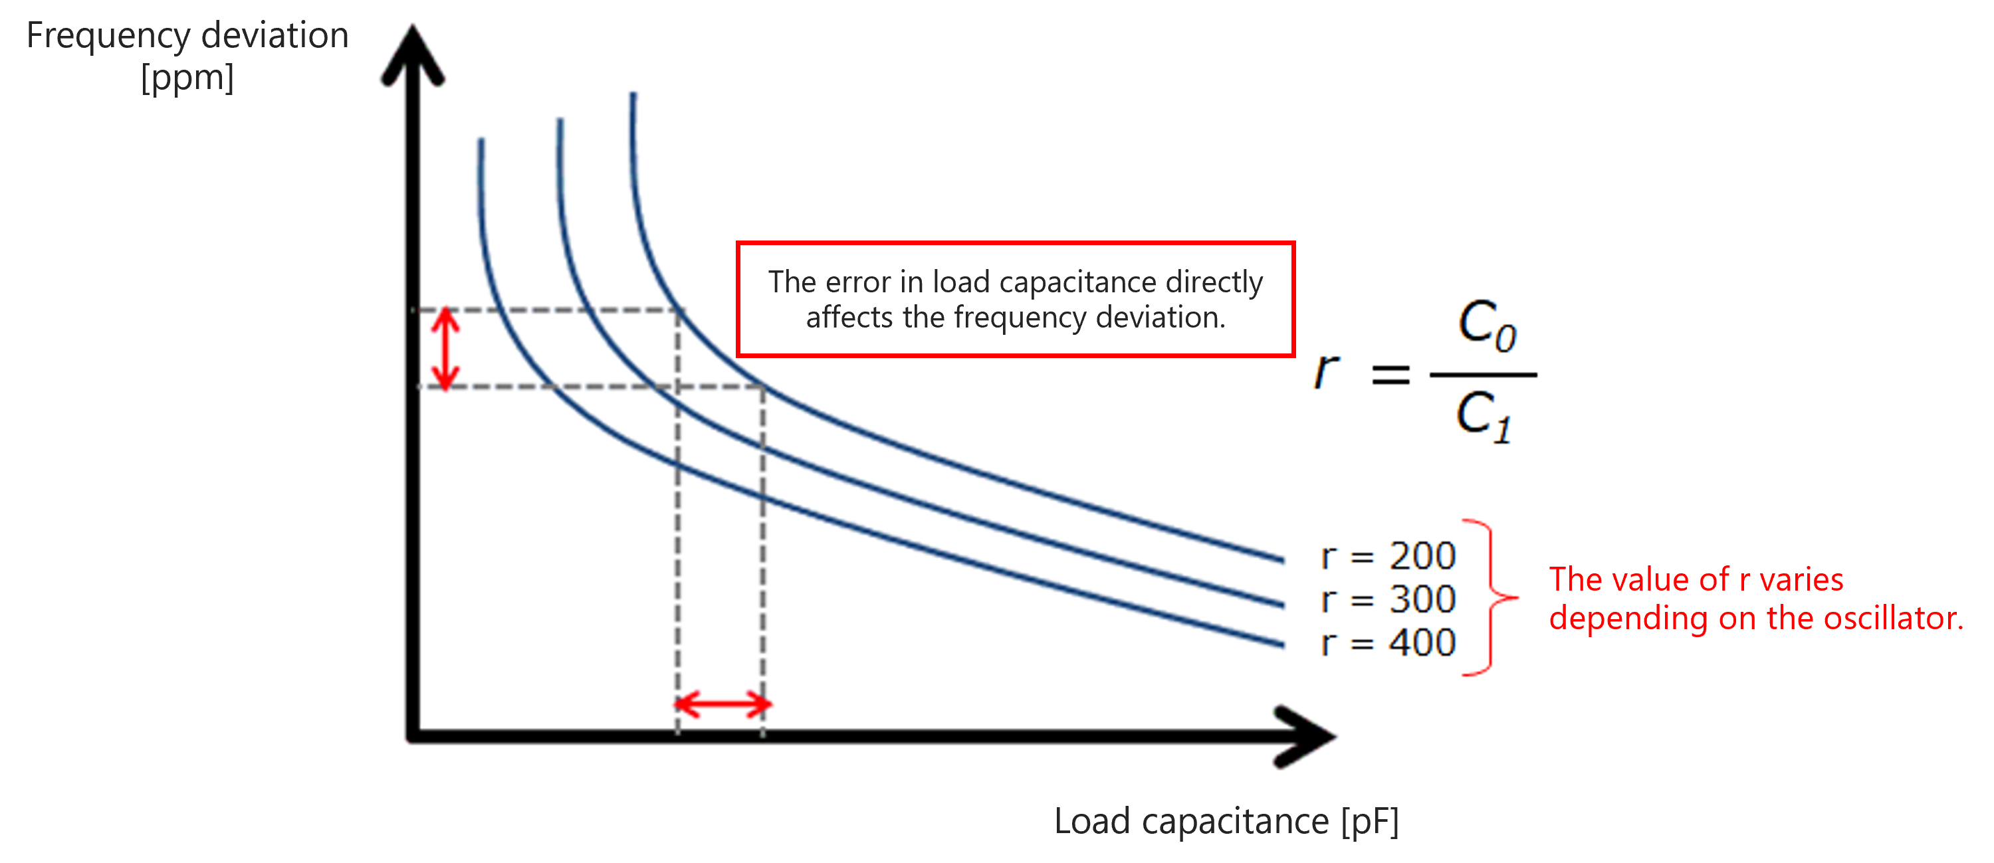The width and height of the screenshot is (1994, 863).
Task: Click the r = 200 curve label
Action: (x=1388, y=555)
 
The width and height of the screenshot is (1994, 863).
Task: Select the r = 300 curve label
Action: (x=1388, y=599)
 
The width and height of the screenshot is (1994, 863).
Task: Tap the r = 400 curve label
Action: (x=1388, y=642)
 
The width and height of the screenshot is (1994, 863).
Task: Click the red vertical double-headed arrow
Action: (x=445, y=348)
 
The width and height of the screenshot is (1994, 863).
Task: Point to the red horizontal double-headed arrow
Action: (x=723, y=704)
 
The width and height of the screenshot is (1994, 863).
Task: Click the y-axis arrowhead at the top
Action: (x=413, y=54)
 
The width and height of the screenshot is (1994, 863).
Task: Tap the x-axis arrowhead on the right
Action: (x=1308, y=736)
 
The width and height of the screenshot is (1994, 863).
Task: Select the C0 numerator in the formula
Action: (x=1486, y=324)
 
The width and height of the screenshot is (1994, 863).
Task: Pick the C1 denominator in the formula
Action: (x=1483, y=417)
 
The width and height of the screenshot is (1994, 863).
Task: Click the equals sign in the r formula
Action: (x=1390, y=376)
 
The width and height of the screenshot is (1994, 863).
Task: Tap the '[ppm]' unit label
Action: (x=187, y=78)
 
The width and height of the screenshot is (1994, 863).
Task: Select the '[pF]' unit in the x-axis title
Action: (x=1369, y=821)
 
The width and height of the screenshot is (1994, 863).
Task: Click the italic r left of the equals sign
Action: (x=1326, y=371)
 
